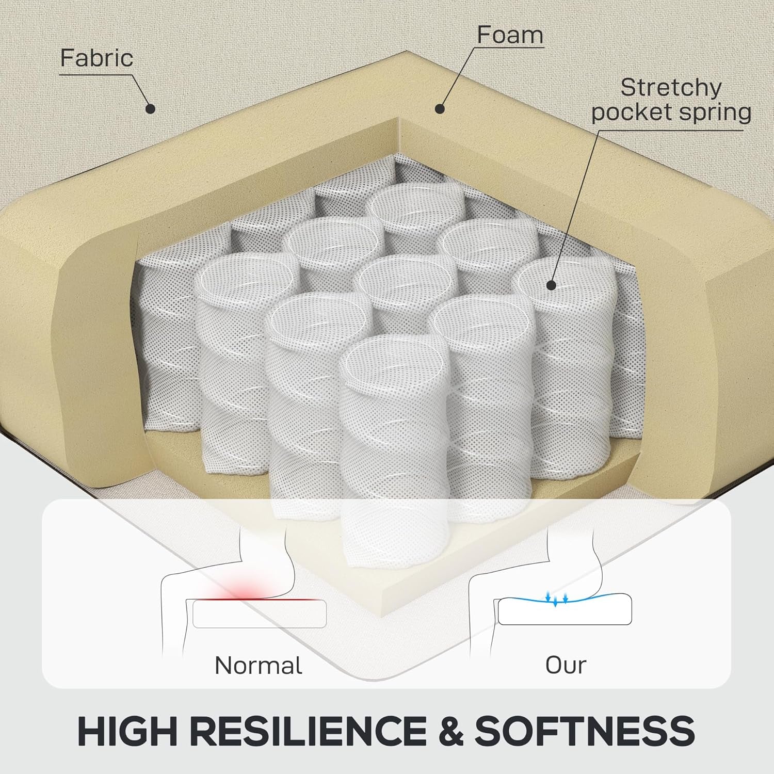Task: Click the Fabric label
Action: point(96,58)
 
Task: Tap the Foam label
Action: point(510,35)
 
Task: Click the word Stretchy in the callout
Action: point(670,88)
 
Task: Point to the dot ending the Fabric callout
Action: point(150,109)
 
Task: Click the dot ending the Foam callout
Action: point(440,108)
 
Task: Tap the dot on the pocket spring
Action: point(551,284)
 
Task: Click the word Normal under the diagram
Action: point(258,665)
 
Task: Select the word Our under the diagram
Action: point(566,665)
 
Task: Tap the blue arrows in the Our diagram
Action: point(556,599)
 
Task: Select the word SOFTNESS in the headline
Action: point(585,731)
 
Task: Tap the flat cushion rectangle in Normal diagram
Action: point(260,614)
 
